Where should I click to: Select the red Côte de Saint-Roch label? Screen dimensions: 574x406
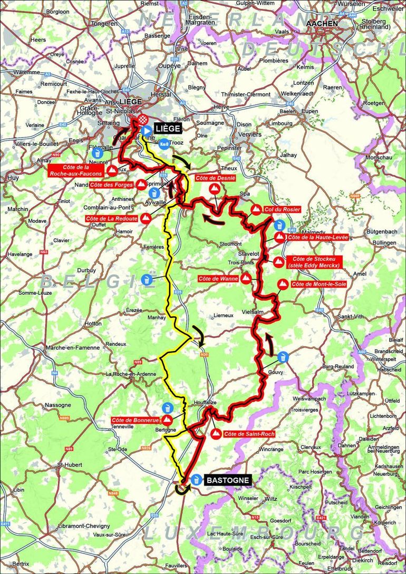pos(249,434)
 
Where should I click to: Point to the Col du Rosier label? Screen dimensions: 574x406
pos(283,209)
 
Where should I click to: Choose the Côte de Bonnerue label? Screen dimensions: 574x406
pos(135,420)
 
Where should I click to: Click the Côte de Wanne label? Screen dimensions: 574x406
pos(218,278)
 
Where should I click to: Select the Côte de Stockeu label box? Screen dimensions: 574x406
pos(314,262)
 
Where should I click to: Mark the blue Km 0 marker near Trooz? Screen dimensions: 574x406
pos(164,143)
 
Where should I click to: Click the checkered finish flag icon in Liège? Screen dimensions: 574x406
pos(142,121)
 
